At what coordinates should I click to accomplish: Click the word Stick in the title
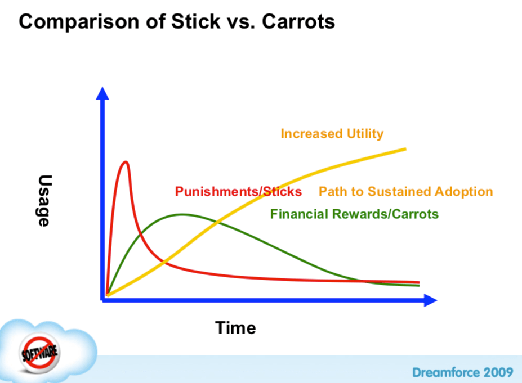196,21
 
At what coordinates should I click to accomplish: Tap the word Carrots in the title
298,21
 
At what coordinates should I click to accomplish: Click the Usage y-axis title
44,201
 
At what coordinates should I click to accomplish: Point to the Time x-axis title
235,328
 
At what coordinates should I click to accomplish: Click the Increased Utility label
332,134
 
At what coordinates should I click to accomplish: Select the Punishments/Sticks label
238,191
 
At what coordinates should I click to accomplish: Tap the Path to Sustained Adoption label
405,191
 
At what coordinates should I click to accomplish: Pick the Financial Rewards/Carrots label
354,214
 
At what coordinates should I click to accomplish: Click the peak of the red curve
126,162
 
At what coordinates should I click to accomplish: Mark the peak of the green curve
182,215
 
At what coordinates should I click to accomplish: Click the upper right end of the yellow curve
406,149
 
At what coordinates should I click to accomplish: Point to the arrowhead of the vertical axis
102,93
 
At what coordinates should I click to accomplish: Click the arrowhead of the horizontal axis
430,300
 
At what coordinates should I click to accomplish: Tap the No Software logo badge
39,353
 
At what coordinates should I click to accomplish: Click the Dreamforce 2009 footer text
462,372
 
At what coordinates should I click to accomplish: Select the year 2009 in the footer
498,372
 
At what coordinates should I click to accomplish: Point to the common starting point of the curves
107,295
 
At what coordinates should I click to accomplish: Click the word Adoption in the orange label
464,192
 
